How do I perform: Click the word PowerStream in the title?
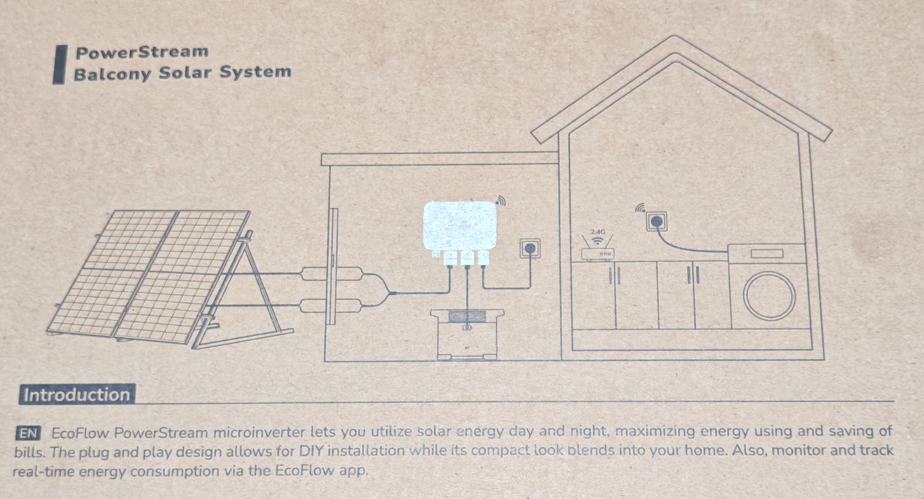pos(142,52)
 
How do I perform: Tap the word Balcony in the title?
pos(112,73)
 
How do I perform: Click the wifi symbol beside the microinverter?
pos(500,200)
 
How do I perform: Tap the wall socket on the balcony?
pos(530,248)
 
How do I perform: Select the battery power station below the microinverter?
pos(467,334)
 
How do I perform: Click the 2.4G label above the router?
pos(598,232)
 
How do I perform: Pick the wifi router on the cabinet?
pos(598,253)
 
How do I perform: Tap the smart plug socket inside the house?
pos(656,221)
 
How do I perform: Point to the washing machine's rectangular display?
pos(766,254)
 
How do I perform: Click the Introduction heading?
pos(77,394)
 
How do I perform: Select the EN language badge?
pos(28,434)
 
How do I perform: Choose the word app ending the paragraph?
pos(352,470)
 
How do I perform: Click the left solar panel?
pos(110,271)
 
